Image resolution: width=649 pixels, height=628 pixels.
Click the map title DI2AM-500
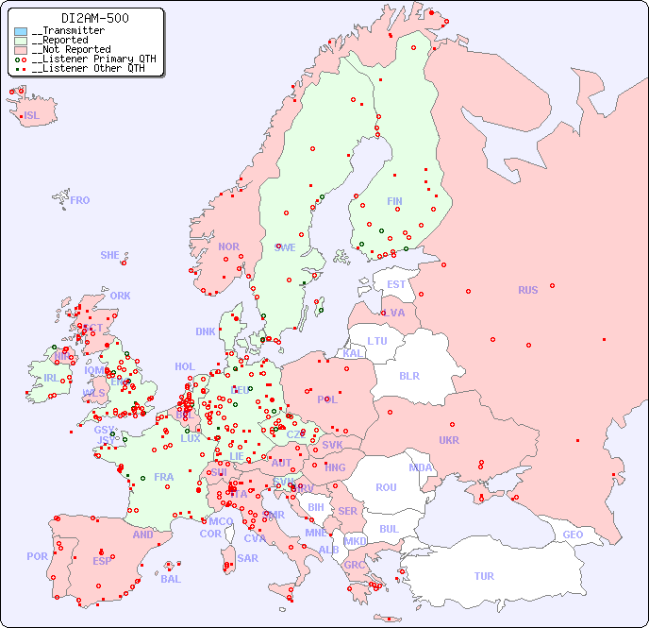94,18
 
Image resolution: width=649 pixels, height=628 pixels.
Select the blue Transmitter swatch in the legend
21,31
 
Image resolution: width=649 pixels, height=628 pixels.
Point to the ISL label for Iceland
32,116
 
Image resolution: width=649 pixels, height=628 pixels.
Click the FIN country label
394,201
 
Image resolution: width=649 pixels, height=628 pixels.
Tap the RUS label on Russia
527,290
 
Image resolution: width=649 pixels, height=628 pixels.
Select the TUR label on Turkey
484,576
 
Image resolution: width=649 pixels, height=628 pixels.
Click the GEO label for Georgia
573,535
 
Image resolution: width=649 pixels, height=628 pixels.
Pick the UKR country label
449,440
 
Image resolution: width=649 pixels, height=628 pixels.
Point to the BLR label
409,375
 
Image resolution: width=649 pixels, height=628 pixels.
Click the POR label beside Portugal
37,556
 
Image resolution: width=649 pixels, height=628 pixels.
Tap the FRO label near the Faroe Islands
80,200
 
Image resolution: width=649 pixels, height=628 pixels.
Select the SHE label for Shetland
110,255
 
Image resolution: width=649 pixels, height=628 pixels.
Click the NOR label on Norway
228,246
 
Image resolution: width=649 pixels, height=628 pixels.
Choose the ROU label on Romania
386,487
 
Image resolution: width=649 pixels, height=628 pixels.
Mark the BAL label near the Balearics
171,579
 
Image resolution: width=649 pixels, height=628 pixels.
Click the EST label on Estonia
396,284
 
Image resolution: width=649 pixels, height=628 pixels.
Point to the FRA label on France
164,477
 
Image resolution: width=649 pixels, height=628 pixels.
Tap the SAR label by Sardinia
248,557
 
